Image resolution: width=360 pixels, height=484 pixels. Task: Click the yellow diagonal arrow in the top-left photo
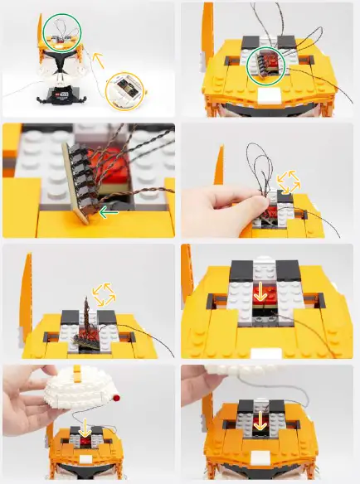99,60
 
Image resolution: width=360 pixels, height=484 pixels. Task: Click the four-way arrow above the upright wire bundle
105,293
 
